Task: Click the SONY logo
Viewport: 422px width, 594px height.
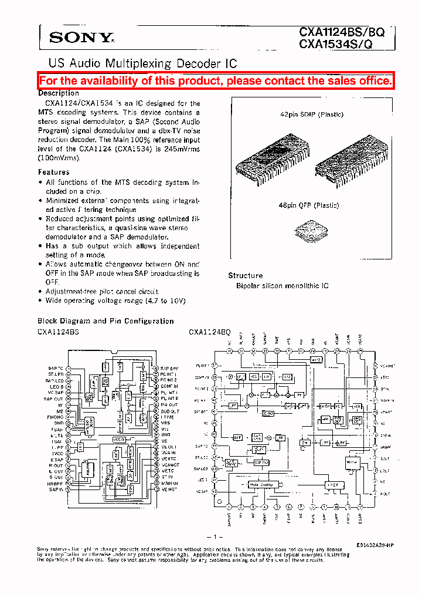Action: [x=81, y=38]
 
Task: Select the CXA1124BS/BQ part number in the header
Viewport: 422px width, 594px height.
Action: [x=342, y=33]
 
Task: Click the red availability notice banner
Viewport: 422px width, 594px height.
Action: [x=216, y=81]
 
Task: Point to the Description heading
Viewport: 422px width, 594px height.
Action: [x=59, y=93]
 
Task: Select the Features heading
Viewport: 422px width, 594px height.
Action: [x=54, y=172]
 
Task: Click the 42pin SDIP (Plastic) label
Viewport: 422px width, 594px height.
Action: [x=312, y=114]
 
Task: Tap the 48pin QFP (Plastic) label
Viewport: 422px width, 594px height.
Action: [x=309, y=205]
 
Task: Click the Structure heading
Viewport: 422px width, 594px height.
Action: [x=245, y=275]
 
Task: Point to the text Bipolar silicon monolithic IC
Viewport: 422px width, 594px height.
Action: [x=283, y=286]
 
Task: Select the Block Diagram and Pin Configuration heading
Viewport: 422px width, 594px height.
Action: [x=105, y=321]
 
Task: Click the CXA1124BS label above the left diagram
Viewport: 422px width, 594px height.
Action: [x=58, y=332]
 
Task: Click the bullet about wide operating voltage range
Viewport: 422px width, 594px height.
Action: [x=115, y=301]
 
